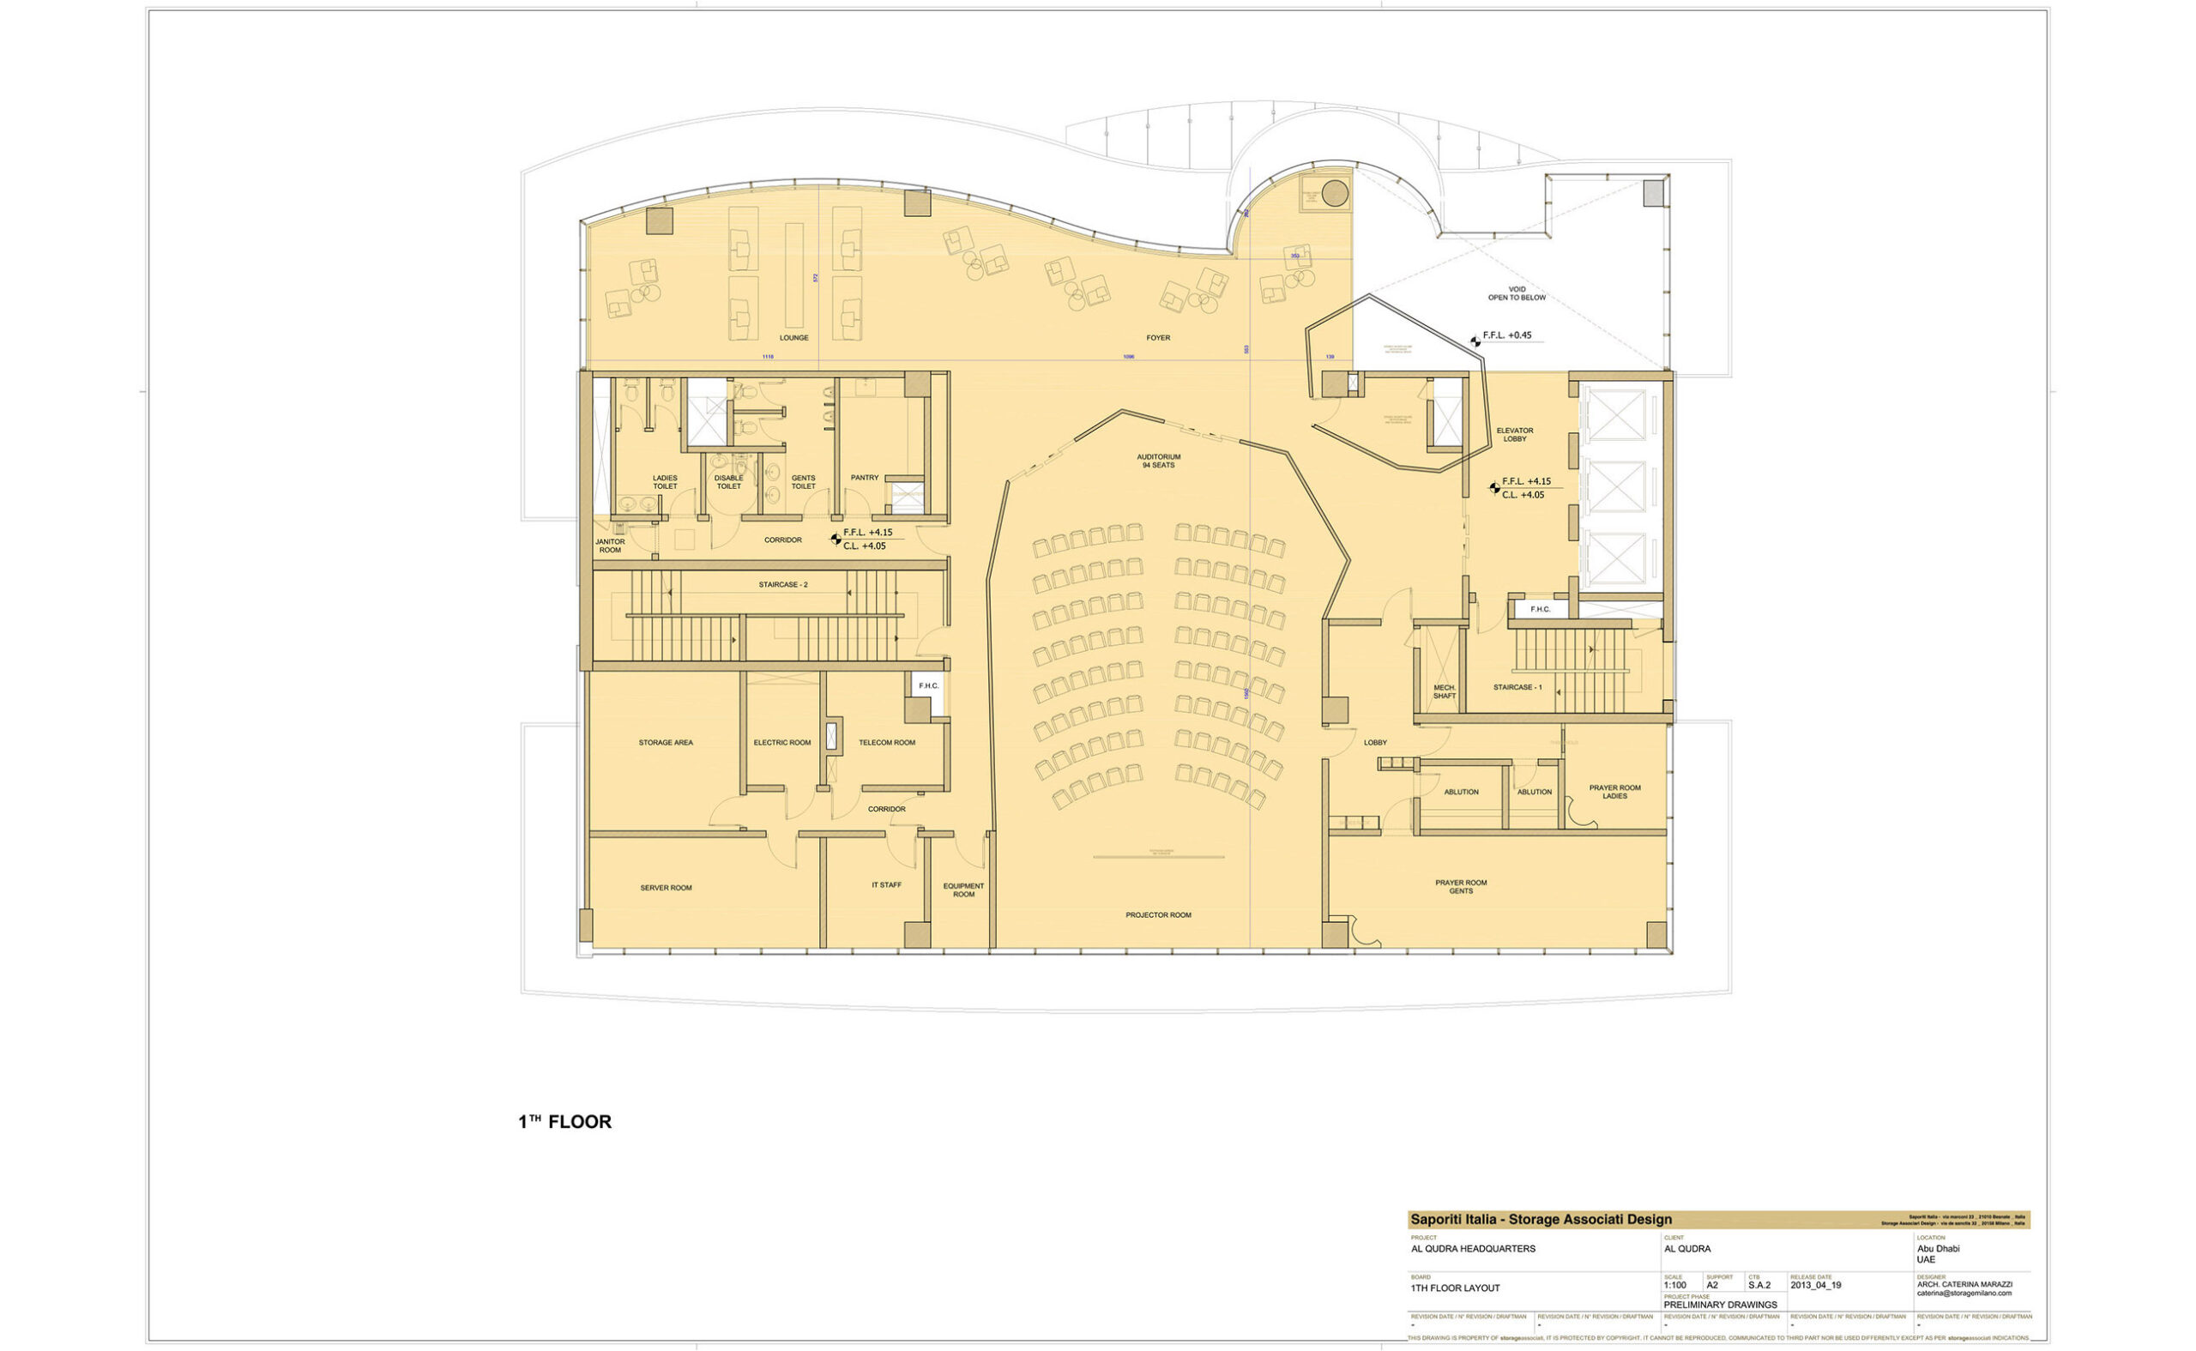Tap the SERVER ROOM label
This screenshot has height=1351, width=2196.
point(666,888)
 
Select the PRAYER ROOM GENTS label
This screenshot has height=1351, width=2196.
point(1461,886)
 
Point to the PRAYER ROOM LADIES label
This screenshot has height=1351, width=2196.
point(1614,792)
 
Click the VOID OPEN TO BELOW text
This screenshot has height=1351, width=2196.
point(1516,293)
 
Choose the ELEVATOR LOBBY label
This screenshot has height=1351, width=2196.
point(1514,435)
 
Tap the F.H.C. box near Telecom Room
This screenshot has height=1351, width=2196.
point(928,686)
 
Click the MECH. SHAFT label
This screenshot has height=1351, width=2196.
point(1445,691)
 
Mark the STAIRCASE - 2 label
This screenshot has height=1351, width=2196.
point(782,585)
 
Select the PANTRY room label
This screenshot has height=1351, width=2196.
point(864,478)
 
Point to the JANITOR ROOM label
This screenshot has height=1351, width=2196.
point(610,546)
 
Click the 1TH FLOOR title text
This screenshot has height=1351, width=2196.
point(564,1122)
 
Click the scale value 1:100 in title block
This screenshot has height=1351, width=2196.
point(1675,1286)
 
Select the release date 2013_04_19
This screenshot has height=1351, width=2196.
point(1815,1286)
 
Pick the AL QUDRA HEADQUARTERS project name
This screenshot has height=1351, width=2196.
point(1463,1249)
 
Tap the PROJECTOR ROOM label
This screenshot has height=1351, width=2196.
point(1158,915)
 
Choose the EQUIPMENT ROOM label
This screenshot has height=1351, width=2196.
point(963,890)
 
